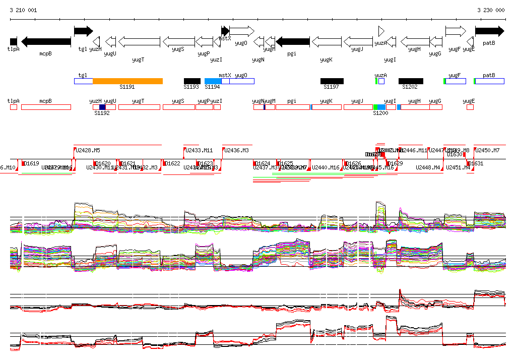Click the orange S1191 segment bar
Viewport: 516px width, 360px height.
click(x=127, y=81)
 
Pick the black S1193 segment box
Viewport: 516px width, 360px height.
click(x=192, y=81)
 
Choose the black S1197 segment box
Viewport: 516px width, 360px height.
click(x=332, y=81)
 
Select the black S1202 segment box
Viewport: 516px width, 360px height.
click(x=411, y=81)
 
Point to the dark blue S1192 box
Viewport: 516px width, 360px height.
click(x=102, y=107)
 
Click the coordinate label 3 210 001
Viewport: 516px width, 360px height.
click(x=23, y=10)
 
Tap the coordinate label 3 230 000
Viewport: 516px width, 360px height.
click(x=491, y=10)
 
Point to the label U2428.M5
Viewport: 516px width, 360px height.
click(x=88, y=150)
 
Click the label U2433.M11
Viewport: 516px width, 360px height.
click(x=199, y=150)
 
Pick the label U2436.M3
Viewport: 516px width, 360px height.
click(x=237, y=150)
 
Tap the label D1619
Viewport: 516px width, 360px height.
click(x=31, y=163)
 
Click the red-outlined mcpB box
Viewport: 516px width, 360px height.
click(x=46, y=107)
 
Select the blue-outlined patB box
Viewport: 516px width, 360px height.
click(x=489, y=81)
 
